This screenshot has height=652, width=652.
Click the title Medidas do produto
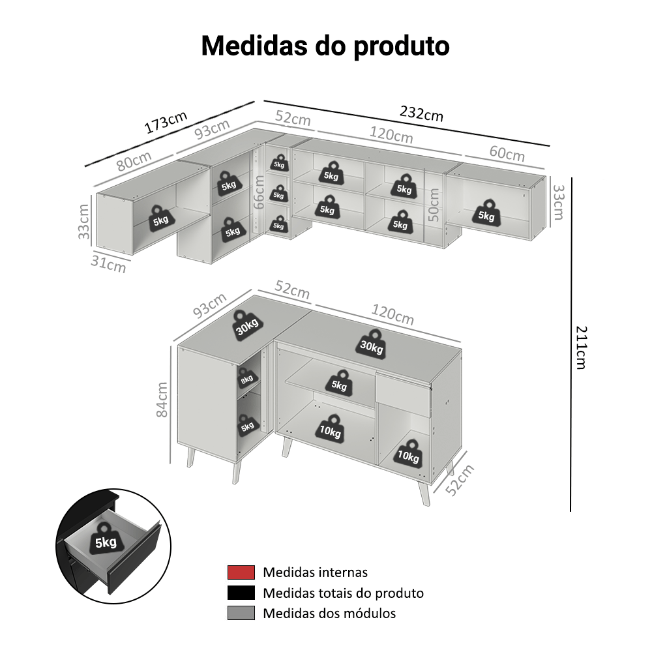tap(325, 46)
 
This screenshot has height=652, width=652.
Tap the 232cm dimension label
tap(421, 113)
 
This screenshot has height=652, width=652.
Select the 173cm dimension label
tap(166, 122)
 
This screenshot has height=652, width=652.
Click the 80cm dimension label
tap(134, 160)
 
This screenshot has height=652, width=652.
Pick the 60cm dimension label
tap(507, 154)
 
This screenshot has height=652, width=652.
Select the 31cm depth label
tap(109, 263)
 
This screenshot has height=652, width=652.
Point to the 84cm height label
tap(163, 400)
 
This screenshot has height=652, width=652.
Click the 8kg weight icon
tap(246, 379)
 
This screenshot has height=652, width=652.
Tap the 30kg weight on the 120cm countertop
tap(371, 344)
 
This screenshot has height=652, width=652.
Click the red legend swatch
tap(241, 572)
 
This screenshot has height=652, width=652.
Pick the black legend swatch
tap(241, 593)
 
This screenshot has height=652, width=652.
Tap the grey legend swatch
tap(241, 613)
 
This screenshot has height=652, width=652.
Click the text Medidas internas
tap(315, 572)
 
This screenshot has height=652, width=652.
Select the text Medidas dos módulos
tap(329, 613)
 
